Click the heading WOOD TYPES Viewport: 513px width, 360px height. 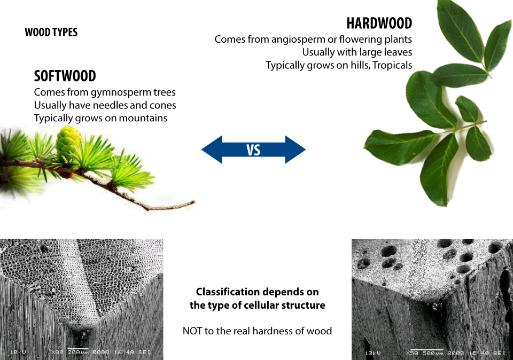pos(51,33)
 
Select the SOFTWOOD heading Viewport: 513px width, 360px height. pos(65,76)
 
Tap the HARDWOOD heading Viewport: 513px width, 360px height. pos(379,24)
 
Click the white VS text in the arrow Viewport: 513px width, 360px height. pos(254,150)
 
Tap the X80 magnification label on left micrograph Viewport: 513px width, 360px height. pos(57,352)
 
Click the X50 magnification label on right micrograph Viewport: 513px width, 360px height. pos(412,353)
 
